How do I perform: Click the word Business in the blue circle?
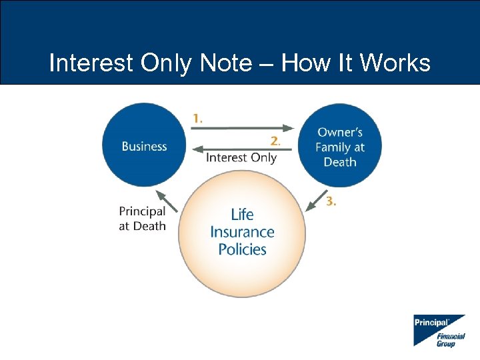(144, 146)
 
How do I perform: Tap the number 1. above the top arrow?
(198, 118)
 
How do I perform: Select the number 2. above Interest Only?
(275, 141)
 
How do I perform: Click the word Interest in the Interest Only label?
(226, 158)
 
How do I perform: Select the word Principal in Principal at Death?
(142, 211)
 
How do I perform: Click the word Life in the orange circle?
(242, 215)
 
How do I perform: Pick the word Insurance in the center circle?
(242, 232)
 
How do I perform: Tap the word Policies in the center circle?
(242, 249)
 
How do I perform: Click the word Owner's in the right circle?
(340, 133)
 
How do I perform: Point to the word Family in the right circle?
(331, 147)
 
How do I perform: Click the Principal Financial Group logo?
(439, 330)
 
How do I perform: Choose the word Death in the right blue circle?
(340, 162)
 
